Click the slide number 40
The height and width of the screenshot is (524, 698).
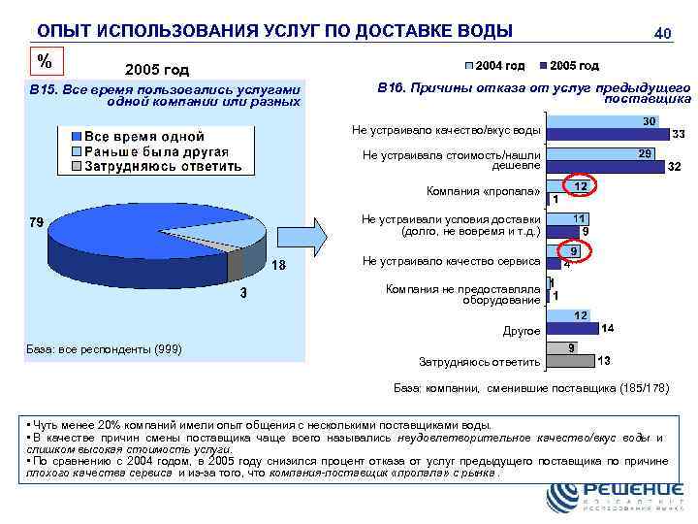(x=663, y=34)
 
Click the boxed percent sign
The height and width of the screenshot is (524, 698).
(x=44, y=61)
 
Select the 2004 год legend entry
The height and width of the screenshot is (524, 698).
(x=496, y=66)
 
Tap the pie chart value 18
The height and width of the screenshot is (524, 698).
(x=278, y=266)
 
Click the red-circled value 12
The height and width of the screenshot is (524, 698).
(x=580, y=185)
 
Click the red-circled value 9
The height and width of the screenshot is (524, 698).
(x=574, y=250)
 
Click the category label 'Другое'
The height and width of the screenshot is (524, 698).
(x=521, y=331)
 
